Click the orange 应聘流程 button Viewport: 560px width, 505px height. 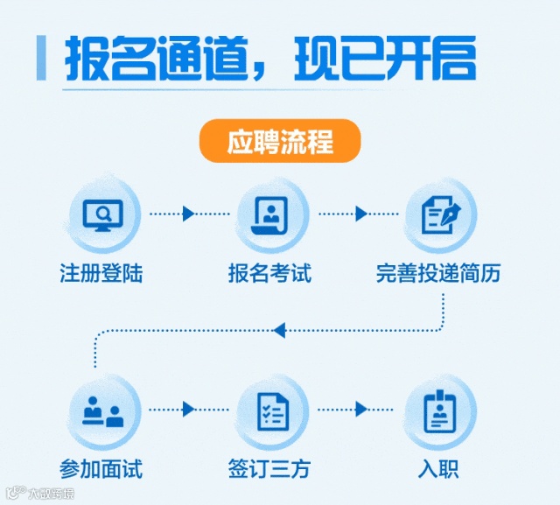click(280, 142)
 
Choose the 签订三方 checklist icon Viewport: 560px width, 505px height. click(272, 410)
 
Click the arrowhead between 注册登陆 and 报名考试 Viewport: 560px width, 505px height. click(188, 214)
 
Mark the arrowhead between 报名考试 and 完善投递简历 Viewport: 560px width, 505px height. click(360, 214)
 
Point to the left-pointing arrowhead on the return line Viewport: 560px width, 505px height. click(279, 330)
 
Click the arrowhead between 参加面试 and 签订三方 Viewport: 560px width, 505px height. click(188, 409)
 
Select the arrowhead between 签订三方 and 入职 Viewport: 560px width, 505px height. click(360, 409)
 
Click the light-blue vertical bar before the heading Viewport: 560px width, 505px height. click(41, 59)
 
